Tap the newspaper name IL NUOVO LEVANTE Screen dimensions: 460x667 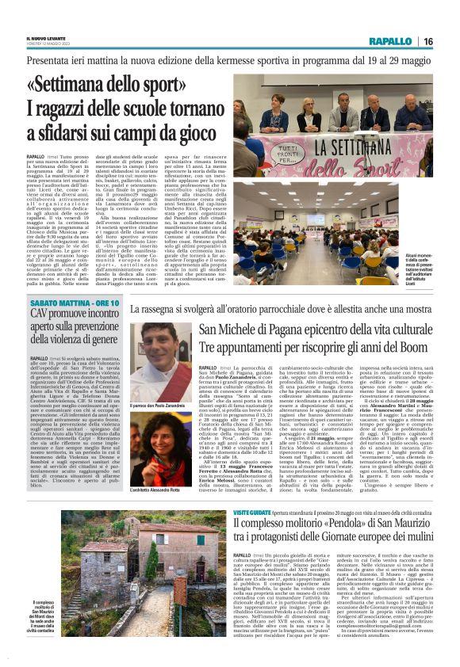click(x=44, y=37)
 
